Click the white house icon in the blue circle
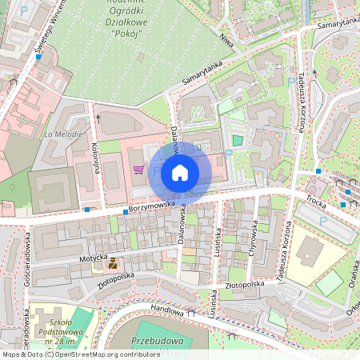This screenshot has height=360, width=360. click(x=180, y=172)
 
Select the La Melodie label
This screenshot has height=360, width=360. click(x=64, y=134)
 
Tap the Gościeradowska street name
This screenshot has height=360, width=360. click(x=27, y=256)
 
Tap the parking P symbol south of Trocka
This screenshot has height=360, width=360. click(x=322, y=221)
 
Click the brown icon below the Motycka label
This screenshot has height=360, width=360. click(x=113, y=262)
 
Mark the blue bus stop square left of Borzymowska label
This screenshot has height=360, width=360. click(x=86, y=210)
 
